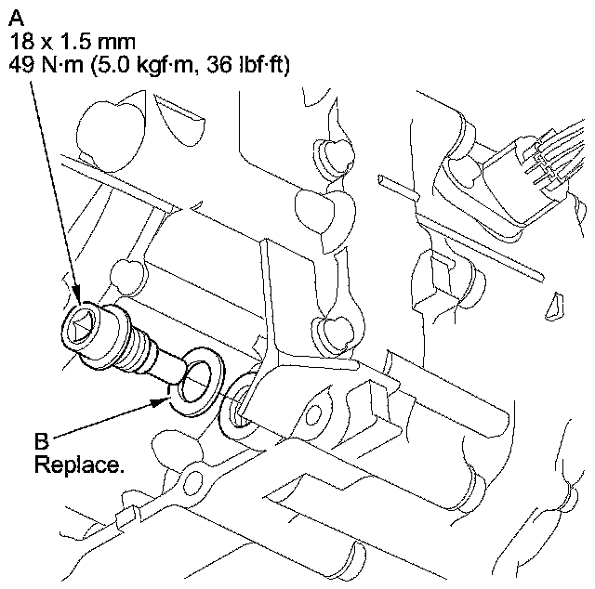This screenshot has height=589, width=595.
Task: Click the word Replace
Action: coord(78,462)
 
